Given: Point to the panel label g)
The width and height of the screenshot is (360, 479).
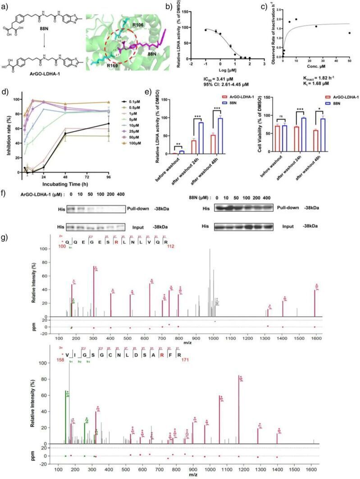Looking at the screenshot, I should (x=6, y=236).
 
